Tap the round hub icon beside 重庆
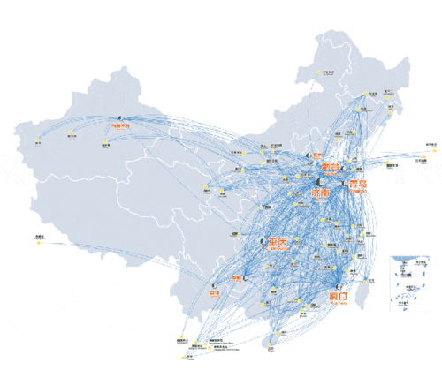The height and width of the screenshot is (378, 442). [263, 239]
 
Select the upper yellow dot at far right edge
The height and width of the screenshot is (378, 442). [432, 147]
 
